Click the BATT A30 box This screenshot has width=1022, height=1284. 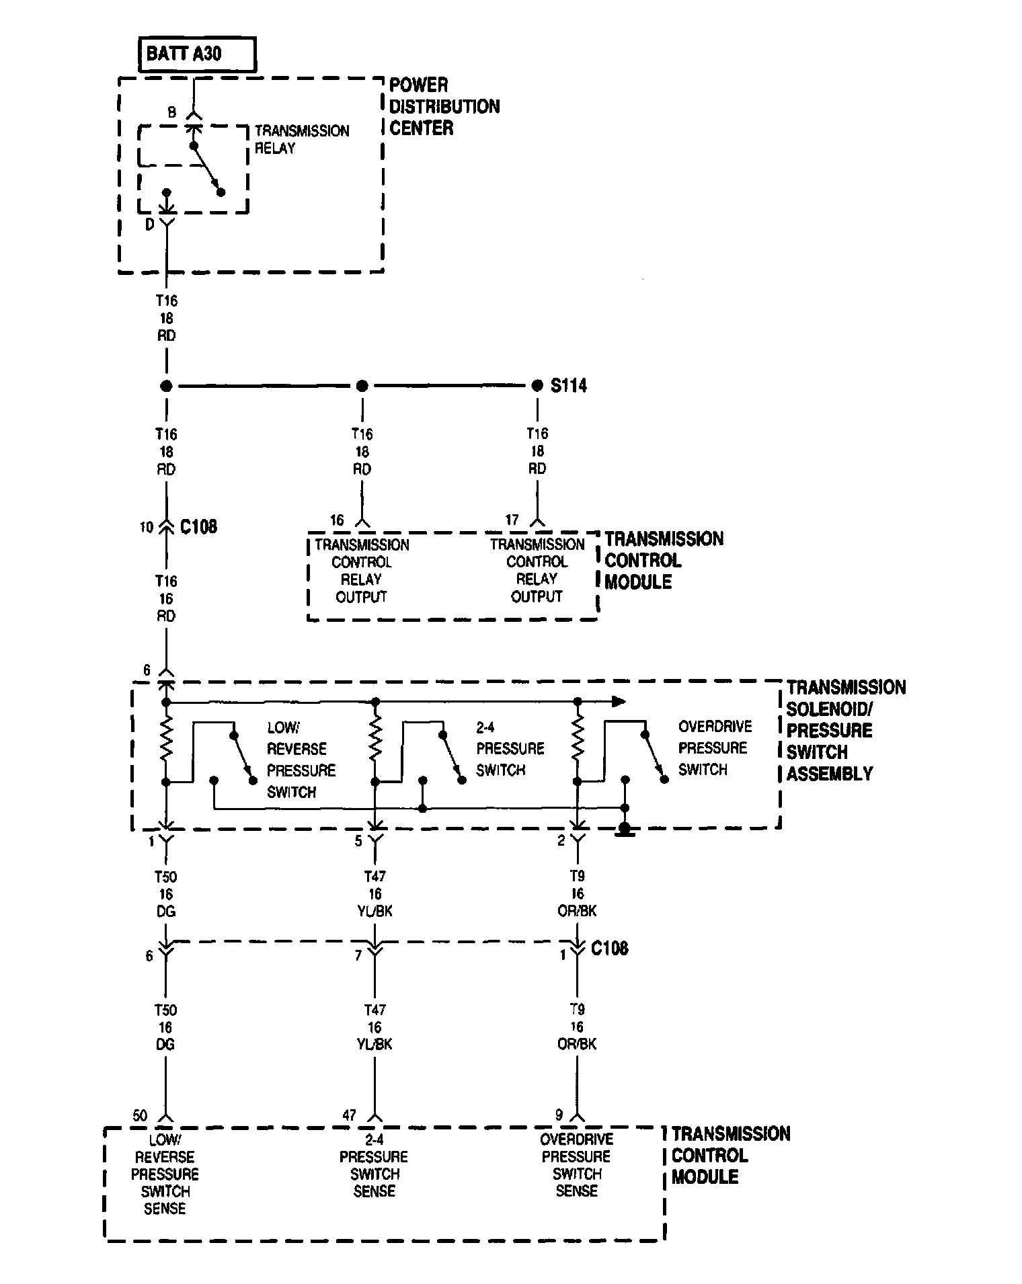197,54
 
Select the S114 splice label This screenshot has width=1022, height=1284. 568,386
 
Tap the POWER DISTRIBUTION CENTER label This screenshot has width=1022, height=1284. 444,106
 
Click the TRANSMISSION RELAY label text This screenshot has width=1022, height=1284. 302,139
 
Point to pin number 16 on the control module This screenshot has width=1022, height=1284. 337,520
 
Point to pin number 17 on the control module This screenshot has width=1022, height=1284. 512,520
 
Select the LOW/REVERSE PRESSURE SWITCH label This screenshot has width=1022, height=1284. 301,760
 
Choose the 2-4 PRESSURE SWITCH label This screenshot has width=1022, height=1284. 510,748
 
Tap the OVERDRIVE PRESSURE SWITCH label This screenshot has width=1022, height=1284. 714,748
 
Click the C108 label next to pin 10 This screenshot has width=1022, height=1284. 198,526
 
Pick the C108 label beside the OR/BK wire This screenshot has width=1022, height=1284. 609,949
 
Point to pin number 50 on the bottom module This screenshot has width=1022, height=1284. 139,1116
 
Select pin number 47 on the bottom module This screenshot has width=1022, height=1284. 348,1115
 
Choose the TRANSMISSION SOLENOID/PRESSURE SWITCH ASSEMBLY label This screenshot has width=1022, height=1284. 846,730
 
